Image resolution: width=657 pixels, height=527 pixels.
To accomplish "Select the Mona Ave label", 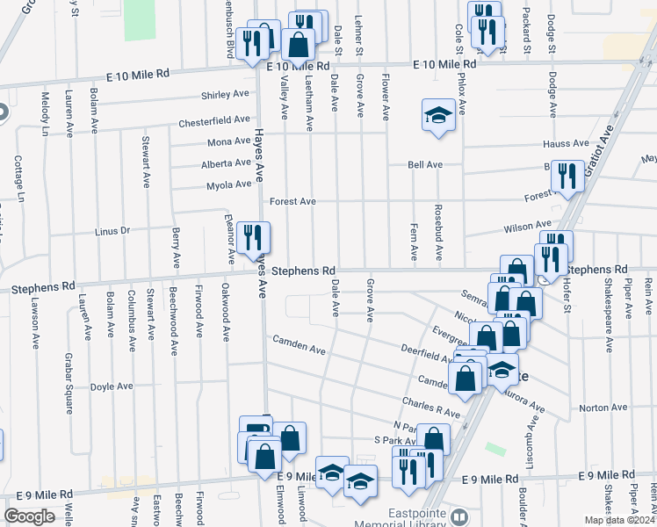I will point(229,142).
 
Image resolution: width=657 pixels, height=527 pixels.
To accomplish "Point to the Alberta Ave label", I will point(226,163).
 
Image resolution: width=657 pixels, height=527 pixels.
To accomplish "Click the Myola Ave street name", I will point(228,184).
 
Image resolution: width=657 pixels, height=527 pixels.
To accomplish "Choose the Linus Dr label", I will point(112,231).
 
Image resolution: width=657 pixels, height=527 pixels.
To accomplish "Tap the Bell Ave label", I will point(425,165).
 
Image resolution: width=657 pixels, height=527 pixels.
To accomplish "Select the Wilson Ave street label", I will point(527,227).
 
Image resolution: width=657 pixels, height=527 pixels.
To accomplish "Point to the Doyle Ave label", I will point(112,386).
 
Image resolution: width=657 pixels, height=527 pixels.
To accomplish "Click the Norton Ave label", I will point(603,408).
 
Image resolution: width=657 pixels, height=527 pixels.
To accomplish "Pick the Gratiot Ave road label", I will point(603,141).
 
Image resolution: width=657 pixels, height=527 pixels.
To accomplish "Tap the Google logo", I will point(29,516).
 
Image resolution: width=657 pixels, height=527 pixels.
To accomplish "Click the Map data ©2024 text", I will point(617,520).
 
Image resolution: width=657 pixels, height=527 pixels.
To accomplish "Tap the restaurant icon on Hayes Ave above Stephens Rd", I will point(253,237).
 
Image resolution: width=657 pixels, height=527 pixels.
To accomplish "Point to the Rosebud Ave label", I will point(439,234).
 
